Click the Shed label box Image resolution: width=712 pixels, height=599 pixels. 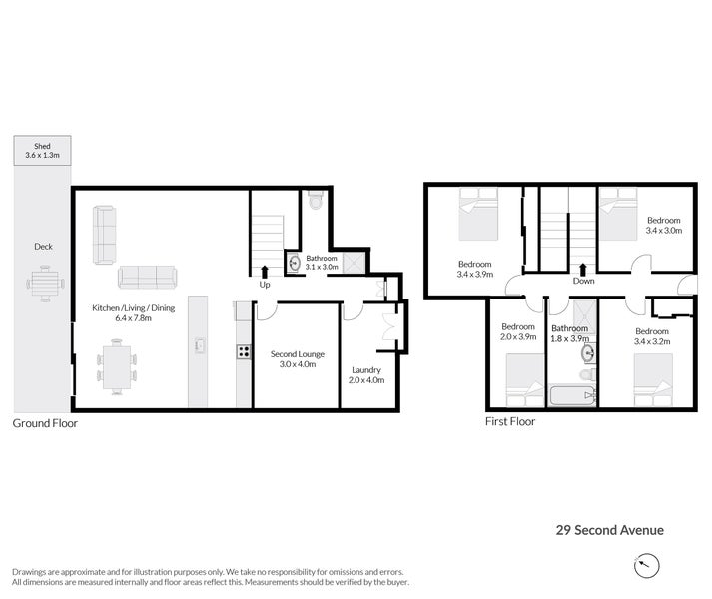41,150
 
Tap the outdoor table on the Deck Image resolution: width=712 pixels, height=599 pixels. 43,284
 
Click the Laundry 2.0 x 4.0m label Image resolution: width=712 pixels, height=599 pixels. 366,374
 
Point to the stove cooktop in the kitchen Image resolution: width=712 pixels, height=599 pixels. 242,351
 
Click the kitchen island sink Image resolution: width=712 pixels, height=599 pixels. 200,346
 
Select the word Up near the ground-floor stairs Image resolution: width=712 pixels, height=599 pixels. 265,285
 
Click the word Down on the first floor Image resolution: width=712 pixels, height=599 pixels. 584,282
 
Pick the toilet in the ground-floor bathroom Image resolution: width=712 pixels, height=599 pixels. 317,201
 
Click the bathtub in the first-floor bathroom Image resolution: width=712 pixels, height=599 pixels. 572,396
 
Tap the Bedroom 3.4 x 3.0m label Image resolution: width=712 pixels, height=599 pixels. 663,226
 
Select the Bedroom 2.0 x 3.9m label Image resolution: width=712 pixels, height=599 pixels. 518,332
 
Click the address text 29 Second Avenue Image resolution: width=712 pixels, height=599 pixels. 609,531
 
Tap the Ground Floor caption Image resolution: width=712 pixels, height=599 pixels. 45,423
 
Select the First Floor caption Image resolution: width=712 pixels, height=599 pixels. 510,422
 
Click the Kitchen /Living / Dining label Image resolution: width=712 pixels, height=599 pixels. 134,313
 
